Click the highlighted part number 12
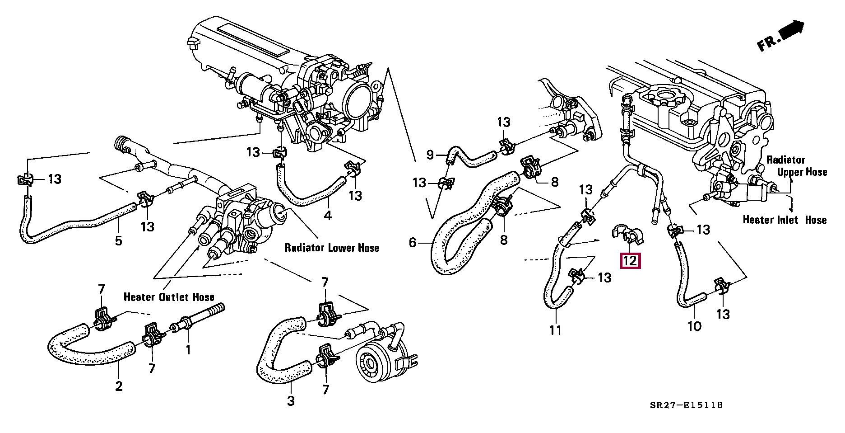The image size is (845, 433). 630,261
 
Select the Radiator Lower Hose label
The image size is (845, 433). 332,248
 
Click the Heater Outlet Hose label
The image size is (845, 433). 169,297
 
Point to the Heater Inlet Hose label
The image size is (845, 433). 785,220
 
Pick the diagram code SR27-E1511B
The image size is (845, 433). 686,405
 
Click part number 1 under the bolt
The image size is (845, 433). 188,349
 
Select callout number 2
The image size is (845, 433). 119,386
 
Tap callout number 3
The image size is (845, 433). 291,400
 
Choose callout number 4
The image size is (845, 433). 328,216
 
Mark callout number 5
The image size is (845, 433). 118,240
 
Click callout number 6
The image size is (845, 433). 412,243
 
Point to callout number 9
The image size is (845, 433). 430,155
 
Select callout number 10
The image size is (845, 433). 694,326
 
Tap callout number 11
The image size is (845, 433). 555,330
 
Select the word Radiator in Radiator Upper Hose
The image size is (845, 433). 785,160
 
